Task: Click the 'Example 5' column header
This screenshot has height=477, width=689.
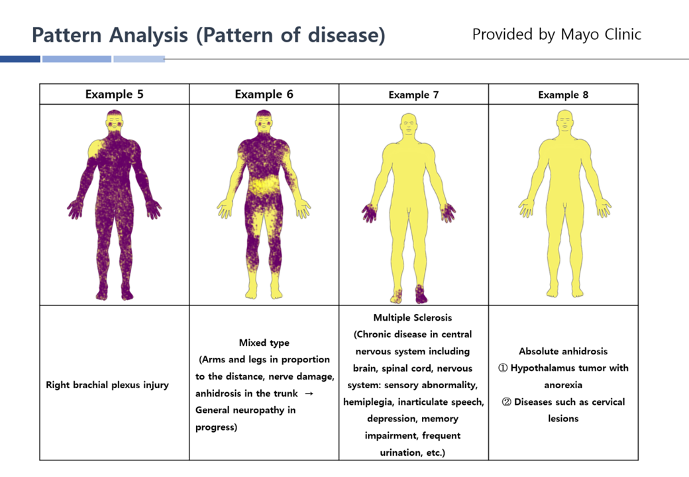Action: [114, 95]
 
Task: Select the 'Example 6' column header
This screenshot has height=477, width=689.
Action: [264, 95]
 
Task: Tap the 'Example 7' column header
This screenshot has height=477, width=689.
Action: [413, 95]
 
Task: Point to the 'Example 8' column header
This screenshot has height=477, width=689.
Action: [563, 95]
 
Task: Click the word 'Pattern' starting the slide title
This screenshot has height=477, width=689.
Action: [67, 35]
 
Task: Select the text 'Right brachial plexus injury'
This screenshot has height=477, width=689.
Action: [107, 385]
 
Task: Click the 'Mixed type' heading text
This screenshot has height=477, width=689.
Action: [264, 343]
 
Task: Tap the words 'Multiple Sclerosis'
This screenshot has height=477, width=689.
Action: [413, 317]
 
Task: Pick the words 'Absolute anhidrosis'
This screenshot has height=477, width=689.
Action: [563, 351]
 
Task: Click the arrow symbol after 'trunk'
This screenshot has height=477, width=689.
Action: [309, 394]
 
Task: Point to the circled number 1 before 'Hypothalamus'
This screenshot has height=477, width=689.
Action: [503, 368]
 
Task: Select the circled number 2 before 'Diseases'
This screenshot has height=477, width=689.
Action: [506, 402]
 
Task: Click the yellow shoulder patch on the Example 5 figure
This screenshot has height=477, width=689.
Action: [95, 148]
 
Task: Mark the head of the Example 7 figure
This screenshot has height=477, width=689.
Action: [409, 125]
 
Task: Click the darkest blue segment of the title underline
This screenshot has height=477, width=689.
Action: [21, 59]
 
